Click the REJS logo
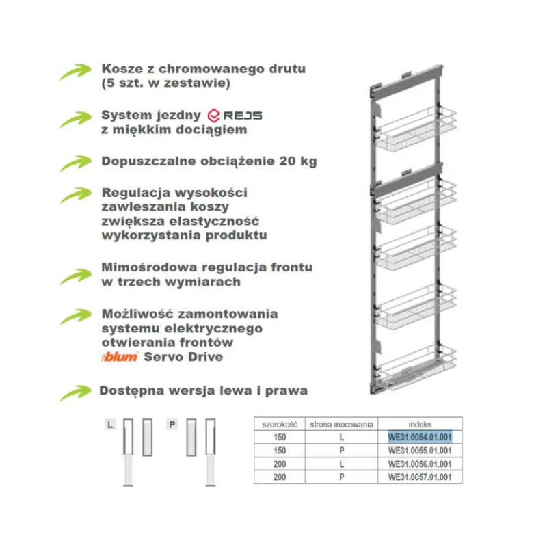point(235,116)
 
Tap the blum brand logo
point(120,356)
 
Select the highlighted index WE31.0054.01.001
point(420,437)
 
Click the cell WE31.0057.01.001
point(420,477)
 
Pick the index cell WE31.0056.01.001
point(420,464)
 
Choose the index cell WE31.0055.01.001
point(420,451)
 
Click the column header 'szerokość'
point(280,424)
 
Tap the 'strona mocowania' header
point(341,424)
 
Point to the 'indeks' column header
point(420,424)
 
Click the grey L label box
point(110,425)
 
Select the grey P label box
point(172,425)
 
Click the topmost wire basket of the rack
point(417,129)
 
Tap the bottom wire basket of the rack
point(417,368)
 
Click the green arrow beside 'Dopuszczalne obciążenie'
point(76,163)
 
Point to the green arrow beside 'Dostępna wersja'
point(76,392)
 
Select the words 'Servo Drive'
point(183,357)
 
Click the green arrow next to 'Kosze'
point(76,72)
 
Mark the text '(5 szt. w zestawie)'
point(165,83)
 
